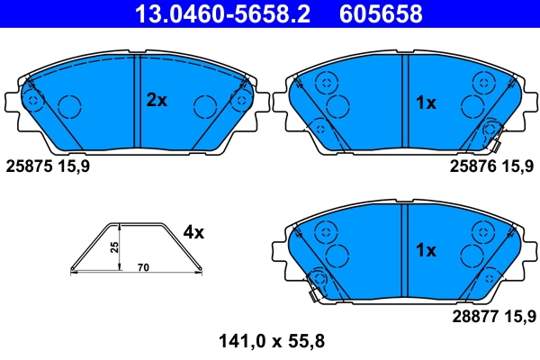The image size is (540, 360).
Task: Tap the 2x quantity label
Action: tap(157, 101)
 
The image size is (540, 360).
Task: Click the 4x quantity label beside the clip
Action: tap(193, 232)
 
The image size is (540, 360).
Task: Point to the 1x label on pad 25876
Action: tap(425, 103)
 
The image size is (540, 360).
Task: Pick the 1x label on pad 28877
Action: tap(425, 249)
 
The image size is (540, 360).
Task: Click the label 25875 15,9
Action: tap(48, 166)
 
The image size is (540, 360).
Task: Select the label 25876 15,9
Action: tap(492, 166)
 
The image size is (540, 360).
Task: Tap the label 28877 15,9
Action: tap(492, 315)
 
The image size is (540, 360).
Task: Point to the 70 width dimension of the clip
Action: tap(143, 267)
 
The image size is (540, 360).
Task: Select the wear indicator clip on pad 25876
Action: tap(491, 133)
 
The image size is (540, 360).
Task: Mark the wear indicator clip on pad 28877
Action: tap(316, 283)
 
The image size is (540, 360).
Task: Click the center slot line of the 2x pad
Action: tap(136, 99)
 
